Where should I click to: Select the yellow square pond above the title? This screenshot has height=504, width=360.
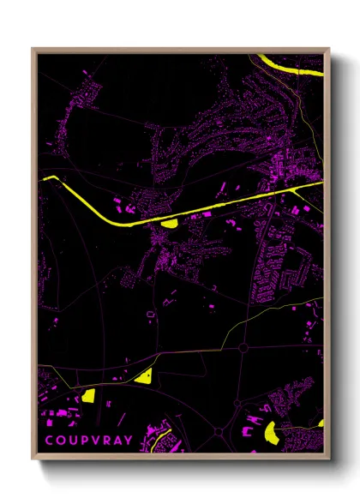click(x=87, y=395)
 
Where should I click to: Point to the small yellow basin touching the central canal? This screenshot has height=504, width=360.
click(x=169, y=224)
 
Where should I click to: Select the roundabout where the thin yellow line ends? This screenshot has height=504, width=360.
click(x=243, y=348)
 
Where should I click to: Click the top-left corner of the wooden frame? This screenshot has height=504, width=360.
click(x=33, y=49)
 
